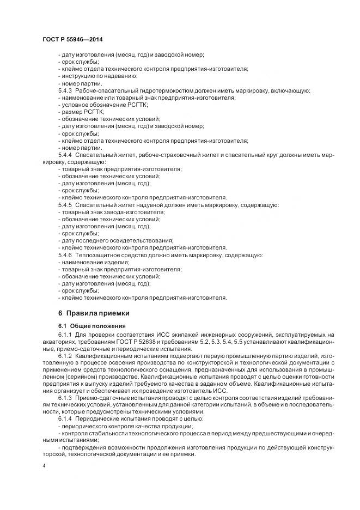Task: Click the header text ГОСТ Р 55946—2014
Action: click(72, 40)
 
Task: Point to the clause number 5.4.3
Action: click(65, 90)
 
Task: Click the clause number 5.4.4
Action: click(65, 155)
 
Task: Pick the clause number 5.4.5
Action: click(65, 204)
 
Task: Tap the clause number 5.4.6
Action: click(65, 254)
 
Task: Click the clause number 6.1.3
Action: click(65, 397)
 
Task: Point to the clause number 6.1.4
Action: click(65, 418)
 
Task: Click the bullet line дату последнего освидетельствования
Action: click(115, 240)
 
